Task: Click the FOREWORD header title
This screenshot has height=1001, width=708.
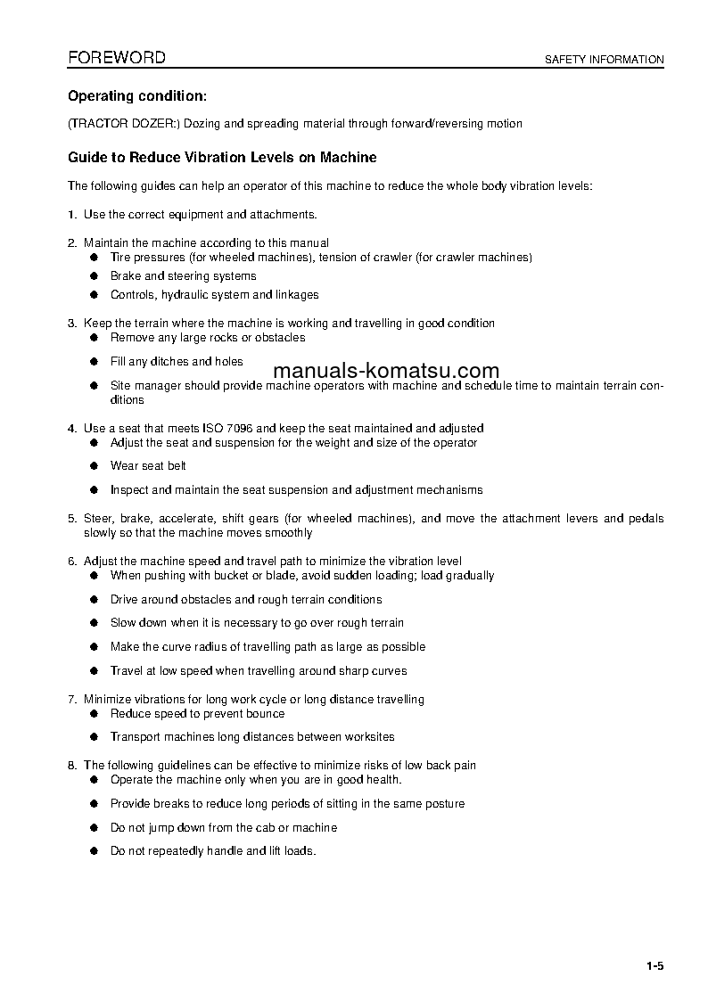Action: pyautogui.click(x=117, y=58)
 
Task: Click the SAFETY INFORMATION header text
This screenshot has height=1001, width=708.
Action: pyautogui.click(x=605, y=60)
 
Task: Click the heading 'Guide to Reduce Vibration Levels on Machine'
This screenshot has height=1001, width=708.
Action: pyautogui.click(x=222, y=158)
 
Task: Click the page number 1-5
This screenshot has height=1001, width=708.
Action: pyautogui.click(x=655, y=966)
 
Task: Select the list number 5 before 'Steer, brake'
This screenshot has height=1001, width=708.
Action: pyautogui.click(x=71, y=518)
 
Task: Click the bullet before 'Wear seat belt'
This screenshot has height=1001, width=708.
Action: pyautogui.click(x=93, y=465)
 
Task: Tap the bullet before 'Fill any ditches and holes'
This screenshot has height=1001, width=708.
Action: pyautogui.click(x=93, y=362)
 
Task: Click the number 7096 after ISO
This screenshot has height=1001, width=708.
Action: pyautogui.click(x=225, y=429)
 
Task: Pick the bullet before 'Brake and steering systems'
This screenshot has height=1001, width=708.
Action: pyautogui.click(x=93, y=276)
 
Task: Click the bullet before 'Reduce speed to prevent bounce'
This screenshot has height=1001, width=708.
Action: pyautogui.click(x=93, y=714)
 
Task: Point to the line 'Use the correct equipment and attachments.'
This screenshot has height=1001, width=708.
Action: pyautogui.click(x=200, y=215)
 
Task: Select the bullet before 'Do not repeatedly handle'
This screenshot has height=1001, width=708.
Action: pyautogui.click(x=93, y=851)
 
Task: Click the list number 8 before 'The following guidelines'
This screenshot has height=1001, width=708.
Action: pyautogui.click(x=71, y=765)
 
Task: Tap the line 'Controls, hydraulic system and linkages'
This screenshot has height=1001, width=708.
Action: pyautogui.click(x=214, y=295)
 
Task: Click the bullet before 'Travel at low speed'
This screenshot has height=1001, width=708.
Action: pyautogui.click(x=93, y=671)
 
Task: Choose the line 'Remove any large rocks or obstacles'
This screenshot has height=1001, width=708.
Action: pyautogui.click(x=207, y=338)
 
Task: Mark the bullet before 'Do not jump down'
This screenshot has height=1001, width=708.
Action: pyautogui.click(x=93, y=828)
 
